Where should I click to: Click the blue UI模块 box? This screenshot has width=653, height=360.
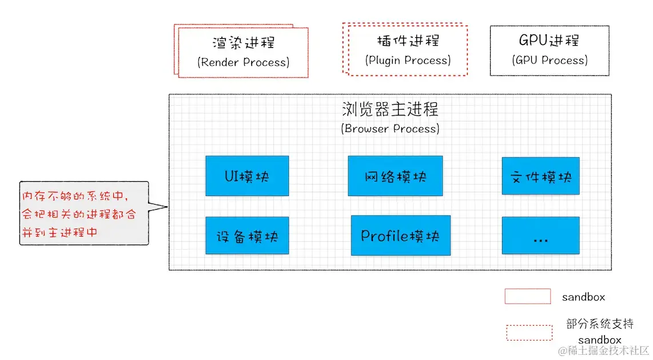pyautogui.click(x=247, y=176)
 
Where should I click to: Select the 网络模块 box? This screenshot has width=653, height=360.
pyautogui.click(x=395, y=176)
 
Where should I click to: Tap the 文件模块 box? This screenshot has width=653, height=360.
pyautogui.click(x=540, y=177)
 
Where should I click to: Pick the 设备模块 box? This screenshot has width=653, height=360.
pyautogui.click(x=247, y=235)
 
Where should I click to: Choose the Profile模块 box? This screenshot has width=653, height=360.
pyautogui.click(x=400, y=235)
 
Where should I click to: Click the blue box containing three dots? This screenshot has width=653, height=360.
pyautogui.click(x=540, y=235)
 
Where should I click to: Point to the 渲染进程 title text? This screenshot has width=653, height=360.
pyautogui.click(x=244, y=43)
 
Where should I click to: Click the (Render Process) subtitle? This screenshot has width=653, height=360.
pyautogui.click(x=244, y=62)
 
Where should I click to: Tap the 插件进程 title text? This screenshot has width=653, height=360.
pyautogui.click(x=408, y=41)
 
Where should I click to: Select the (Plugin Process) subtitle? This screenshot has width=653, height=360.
pyautogui.click(x=408, y=60)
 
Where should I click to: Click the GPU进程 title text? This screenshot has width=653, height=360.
pyautogui.click(x=549, y=41)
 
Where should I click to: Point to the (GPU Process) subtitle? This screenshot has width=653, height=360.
pyautogui.click(x=549, y=60)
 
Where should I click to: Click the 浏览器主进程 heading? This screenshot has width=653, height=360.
pyautogui.click(x=390, y=109)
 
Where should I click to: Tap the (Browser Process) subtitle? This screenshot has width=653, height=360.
pyautogui.click(x=390, y=129)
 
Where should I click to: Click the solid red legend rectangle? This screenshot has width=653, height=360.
pyautogui.click(x=527, y=296)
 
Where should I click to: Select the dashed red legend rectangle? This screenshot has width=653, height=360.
pyautogui.click(x=529, y=333)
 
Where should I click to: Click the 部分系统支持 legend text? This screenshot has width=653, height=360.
pyautogui.click(x=599, y=324)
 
